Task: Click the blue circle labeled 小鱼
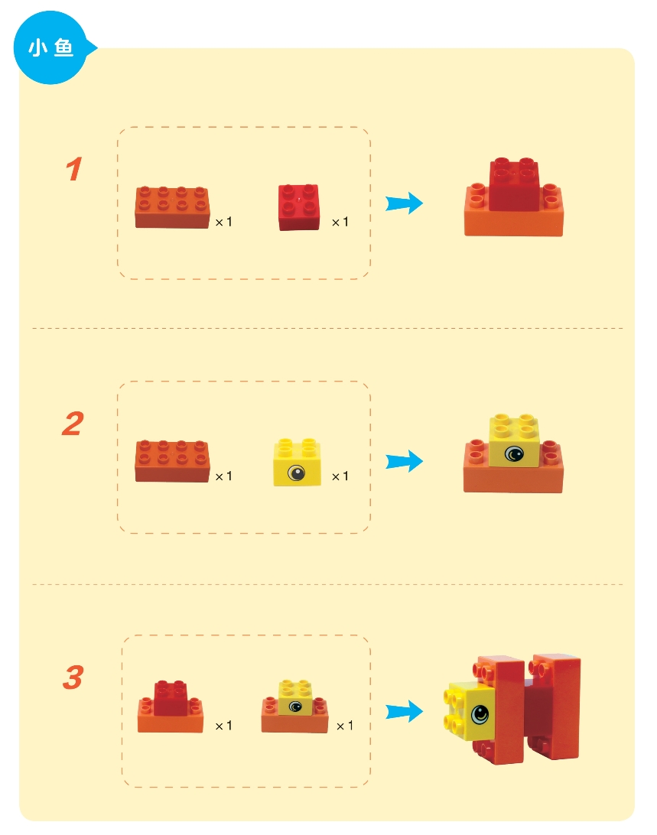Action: coord(51,48)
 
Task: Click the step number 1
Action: coord(74,169)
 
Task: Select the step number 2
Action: coord(73,424)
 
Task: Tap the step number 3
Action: coord(73,677)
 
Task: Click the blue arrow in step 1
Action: coord(404,203)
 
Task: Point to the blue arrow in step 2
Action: coord(404,461)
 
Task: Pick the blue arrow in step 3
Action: coord(404,711)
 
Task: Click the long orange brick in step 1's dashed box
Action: coord(172,207)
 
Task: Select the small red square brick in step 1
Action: coord(299,207)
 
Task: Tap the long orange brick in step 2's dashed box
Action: coord(172,461)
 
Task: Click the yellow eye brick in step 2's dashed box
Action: coord(298,462)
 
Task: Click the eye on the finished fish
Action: coord(480,713)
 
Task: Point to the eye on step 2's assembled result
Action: coord(514,454)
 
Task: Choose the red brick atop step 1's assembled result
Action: coord(514,184)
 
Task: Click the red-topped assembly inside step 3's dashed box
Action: coord(171,707)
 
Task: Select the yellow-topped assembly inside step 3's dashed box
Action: coord(294,707)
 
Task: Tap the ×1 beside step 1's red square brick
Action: coord(340,222)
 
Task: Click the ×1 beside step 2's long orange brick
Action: coord(223,476)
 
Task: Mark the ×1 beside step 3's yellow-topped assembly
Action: coord(345,726)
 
